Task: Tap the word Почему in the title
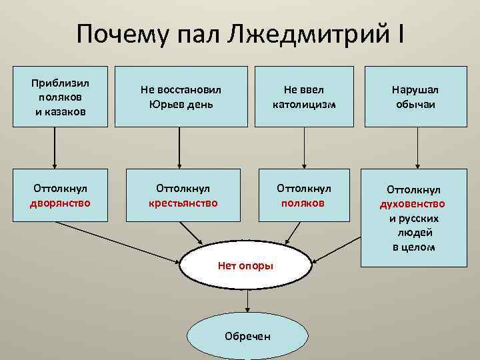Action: [115, 34]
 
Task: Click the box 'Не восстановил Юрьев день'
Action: [181, 96]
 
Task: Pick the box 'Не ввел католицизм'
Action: [305, 96]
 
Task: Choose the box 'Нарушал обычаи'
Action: [418, 96]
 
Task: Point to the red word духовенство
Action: [413, 204]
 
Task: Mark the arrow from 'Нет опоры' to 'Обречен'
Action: [248, 302]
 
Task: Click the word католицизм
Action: [304, 104]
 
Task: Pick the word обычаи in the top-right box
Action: [418, 104]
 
